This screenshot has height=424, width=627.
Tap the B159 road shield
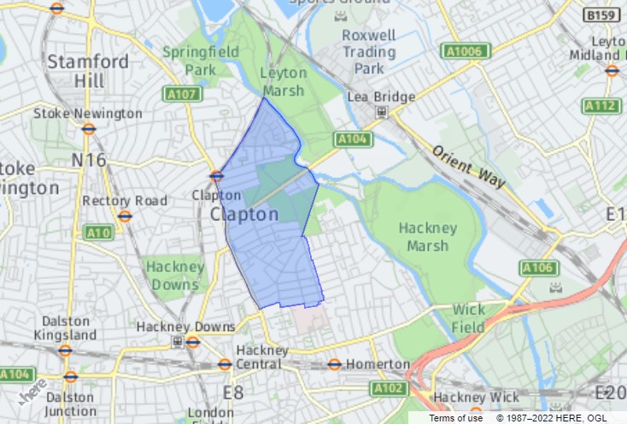(x=601, y=15)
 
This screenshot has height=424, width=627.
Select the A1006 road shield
(x=466, y=52)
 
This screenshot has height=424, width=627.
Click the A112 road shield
(x=601, y=106)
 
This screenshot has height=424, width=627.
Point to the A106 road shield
(x=538, y=269)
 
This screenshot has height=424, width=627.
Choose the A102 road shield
(x=388, y=389)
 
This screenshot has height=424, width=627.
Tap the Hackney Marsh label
(x=428, y=237)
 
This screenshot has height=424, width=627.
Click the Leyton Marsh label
(x=283, y=82)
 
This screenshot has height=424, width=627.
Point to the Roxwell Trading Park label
(x=369, y=50)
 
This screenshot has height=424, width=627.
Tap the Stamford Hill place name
(x=88, y=71)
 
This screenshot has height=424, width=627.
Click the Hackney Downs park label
(x=174, y=275)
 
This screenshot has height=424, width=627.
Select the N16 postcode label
(x=89, y=160)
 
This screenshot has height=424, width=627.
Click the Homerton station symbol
(x=334, y=364)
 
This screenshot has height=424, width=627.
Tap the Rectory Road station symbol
(x=125, y=216)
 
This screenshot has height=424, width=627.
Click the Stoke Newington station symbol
(x=88, y=130)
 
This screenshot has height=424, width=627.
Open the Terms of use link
(x=455, y=418)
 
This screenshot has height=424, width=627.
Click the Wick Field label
(x=468, y=318)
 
